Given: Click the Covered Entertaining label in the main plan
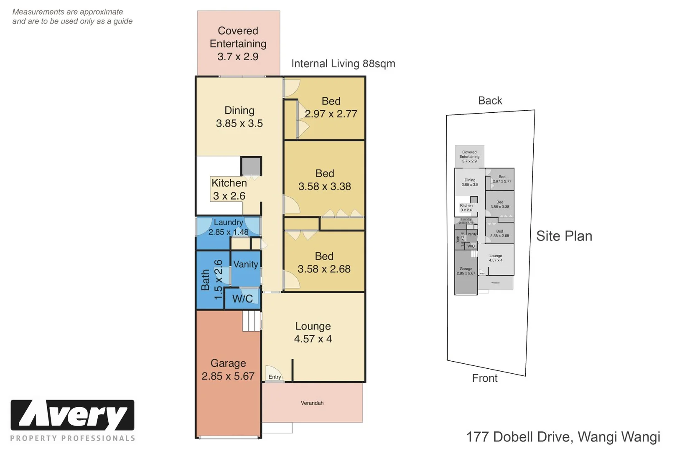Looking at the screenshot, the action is pyautogui.click(x=238, y=43).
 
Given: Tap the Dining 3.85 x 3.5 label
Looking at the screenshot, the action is pyautogui.click(x=239, y=117).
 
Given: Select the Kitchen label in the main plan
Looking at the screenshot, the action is pyautogui.click(x=229, y=189).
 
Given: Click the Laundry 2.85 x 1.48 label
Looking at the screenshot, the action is pyautogui.click(x=228, y=227).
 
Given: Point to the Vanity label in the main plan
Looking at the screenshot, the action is pyautogui.click(x=245, y=264).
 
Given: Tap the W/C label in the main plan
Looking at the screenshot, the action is pyautogui.click(x=242, y=299).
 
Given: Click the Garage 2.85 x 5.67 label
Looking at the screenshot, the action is pyautogui.click(x=228, y=370).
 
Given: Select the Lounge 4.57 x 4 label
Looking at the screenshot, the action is pyautogui.click(x=313, y=332).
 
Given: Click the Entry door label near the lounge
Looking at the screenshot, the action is pyautogui.click(x=275, y=377).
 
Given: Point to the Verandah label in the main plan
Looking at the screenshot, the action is pyautogui.click(x=312, y=403).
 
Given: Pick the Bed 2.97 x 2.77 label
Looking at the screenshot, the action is pyautogui.click(x=331, y=107).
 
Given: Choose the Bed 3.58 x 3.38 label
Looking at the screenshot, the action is pyautogui.click(x=324, y=180).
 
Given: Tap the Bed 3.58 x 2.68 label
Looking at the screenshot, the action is pyautogui.click(x=324, y=263).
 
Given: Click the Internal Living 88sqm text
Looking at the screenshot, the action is pyautogui.click(x=343, y=63).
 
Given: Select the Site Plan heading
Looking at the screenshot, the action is pyautogui.click(x=564, y=236).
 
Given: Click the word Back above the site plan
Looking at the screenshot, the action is pyautogui.click(x=490, y=101).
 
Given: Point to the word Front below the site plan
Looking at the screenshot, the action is pyautogui.click(x=485, y=378).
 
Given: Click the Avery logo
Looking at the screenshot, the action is pyautogui.click(x=72, y=415).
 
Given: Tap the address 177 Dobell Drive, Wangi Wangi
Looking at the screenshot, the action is pyautogui.click(x=563, y=437).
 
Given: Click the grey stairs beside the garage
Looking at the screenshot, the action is pyautogui.click(x=252, y=321).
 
